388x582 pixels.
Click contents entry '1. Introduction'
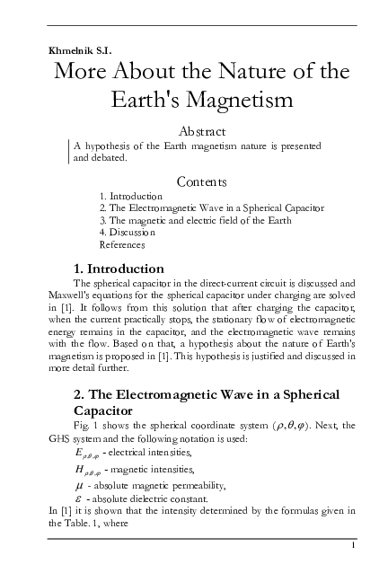(x=131, y=196)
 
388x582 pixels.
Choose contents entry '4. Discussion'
(x=129, y=232)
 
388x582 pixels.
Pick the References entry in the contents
(x=121, y=243)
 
